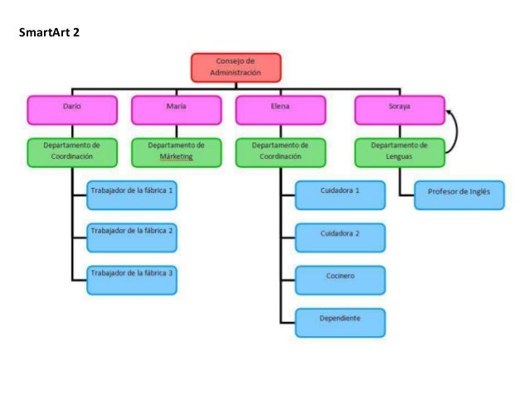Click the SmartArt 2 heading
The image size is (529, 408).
[49, 33]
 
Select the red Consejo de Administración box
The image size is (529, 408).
[236, 67]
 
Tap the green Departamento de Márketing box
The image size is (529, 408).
[176, 151]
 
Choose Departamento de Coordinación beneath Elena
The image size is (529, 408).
[280, 151]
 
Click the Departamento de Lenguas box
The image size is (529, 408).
[400, 151]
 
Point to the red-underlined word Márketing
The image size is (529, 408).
[176, 156]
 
